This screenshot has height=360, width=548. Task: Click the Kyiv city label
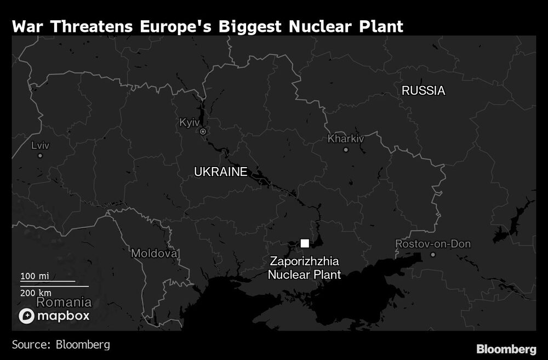click(x=190, y=122)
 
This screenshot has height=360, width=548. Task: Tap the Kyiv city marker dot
click(x=203, y=132)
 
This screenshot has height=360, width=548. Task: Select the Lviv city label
click(x=39, y=145)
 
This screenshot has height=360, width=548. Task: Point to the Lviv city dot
click(x=40, y=156)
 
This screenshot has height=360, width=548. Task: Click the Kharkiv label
click(x=346, y=139)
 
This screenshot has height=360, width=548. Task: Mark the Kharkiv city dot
click(x=346, y=150)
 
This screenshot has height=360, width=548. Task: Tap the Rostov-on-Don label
click(x=433, y=244)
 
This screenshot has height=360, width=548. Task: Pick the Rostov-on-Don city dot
click(x=433, y=255)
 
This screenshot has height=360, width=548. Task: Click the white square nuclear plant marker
click(x=305, y=243)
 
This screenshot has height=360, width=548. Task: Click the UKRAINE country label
click(x=220, y=172)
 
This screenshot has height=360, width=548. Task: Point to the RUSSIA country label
click(x=423, y=91)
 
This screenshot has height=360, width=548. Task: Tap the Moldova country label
click(x=155, y=254)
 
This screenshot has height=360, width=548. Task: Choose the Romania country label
click(x=64, y=302)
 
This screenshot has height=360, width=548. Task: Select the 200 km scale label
click(x=36, y=293)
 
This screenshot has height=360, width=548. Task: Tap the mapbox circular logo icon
click(x=27, y=316)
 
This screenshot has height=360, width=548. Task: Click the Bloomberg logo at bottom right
click(x=506, y=348)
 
